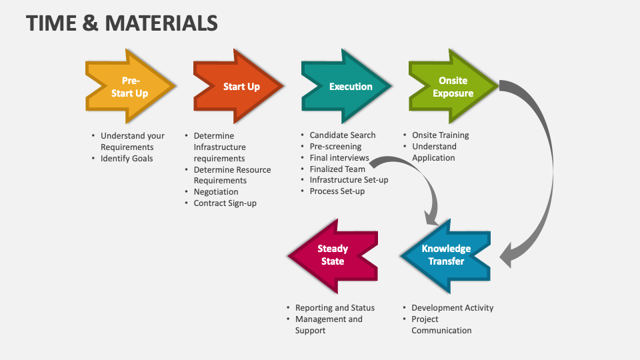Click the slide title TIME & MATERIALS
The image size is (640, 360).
coord(122,23)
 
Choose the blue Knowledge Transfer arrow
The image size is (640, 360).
coord(446,255)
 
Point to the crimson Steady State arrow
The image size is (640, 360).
coord(333,255)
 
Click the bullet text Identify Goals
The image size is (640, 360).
coord(127,158)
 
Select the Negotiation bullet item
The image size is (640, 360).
coord(216,192)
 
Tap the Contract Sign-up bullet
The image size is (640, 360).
coord(225,203)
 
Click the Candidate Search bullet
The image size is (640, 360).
coord(343,135)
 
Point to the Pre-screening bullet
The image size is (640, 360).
coord(335,147)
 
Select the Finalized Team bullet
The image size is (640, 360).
coord(337,169)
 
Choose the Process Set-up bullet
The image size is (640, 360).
coord(337,191)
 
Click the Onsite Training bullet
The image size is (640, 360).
coord(440,135)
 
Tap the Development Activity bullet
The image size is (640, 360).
coord(452,308)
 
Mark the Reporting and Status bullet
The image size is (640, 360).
coord(335,308)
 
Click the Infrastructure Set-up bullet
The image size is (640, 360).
coord(349,180)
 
